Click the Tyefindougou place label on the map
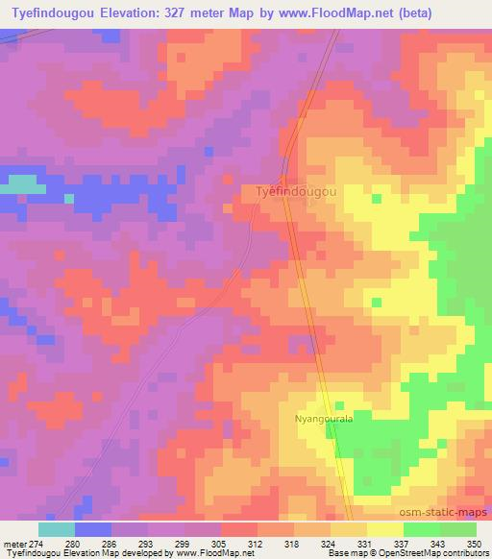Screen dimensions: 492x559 (296, 191)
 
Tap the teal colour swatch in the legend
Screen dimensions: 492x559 (57, 529)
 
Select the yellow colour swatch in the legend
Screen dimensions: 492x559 (385, 529)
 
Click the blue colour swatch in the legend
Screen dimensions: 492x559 (93, 529)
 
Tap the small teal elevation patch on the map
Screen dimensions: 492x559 (20, 182)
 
